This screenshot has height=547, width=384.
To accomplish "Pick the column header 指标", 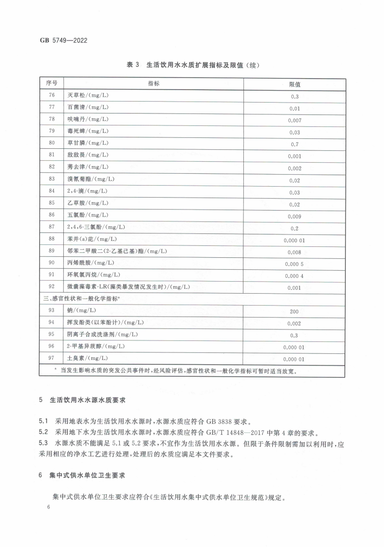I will click(x=154, y=84).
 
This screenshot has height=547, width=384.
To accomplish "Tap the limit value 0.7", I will click(x=294, y=145).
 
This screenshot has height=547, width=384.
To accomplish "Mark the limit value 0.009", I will click(x=294, y=217).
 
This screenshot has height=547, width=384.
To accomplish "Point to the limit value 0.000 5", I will click(x=294, y=264).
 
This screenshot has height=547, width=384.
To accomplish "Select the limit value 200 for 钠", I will click(x=294, y=312).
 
